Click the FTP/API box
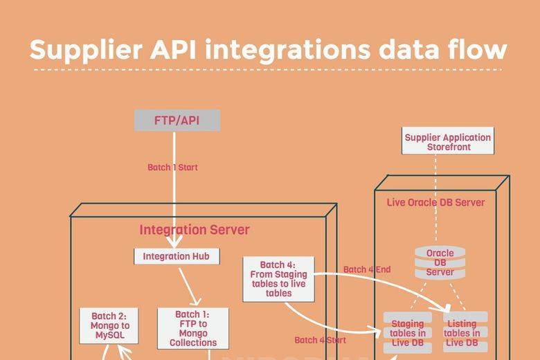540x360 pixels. (x=177, y=120)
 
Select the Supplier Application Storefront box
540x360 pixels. (x=448, y=142)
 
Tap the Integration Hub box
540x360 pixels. (x=176, y=256)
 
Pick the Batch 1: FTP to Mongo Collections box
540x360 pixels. (x=193, y=328)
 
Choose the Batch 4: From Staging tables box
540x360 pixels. (x=278, y=279)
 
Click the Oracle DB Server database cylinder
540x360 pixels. (x=440, y=262)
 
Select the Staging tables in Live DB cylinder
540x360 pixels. (x=408, y=333)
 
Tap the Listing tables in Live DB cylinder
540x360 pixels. (x=462, y=333)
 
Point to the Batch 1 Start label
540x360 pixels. (x=173, y=168)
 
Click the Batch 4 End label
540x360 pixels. (x=367, y=269)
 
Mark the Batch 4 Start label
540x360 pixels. (x=321, y=340)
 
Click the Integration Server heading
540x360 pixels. (x=195, y=230)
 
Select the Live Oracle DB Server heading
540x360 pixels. (x=435, y=202)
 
